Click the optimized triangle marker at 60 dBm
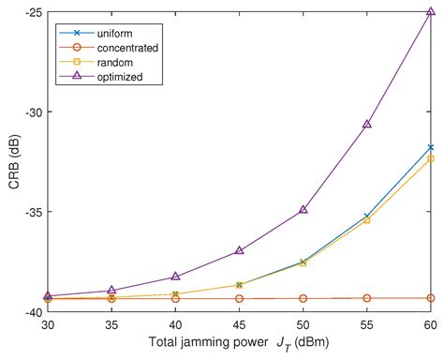click(431, 13)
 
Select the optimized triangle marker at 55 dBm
click(367, 124)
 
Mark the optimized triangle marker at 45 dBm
click(240, 250)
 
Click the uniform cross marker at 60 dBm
click(431, 147)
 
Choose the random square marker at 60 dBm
click(431, 158)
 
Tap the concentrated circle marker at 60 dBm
click(431, 298)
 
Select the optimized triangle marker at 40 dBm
click(175, 277)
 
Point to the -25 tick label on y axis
click(29, 12)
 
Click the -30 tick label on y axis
click(29, 112)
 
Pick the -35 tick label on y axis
click(29, 212)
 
